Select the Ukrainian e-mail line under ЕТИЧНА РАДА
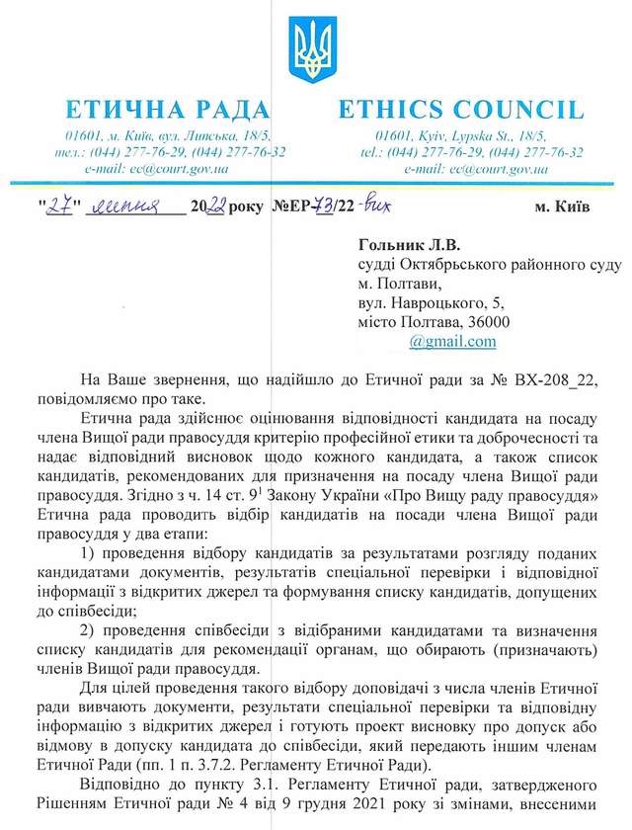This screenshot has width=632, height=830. coord(157,169)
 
